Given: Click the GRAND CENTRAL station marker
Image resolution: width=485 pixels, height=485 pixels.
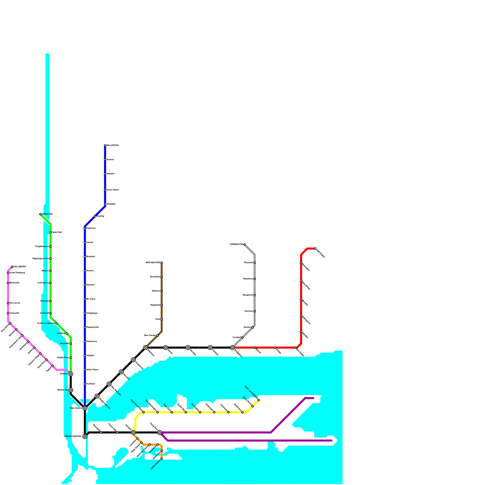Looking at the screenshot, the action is pyautogui.click(x=85, y=436).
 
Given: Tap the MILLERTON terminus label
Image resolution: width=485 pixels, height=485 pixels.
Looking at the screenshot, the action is pyautogui.click(x=112, y=145).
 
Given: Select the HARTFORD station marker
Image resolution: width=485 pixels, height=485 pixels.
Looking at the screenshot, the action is pyautogui.click(x=315, y=249).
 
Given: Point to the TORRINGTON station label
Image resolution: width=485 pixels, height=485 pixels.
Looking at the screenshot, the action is pyautogui.click(x=236, y=244).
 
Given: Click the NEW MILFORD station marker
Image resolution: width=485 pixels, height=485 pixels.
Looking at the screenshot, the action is pyautogui.click(x=162, y=263).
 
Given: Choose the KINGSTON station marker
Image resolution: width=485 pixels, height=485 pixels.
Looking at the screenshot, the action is pyautogui.click(x=40, y=214).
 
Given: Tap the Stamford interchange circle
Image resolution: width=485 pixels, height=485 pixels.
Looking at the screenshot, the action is pyautogui.click(x=145, y=348).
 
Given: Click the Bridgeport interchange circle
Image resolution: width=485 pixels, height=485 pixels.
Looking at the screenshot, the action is pyautogui.click(x=232, y=348).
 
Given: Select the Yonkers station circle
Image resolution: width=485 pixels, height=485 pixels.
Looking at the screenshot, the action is pyautogui.click(x=71, y=374).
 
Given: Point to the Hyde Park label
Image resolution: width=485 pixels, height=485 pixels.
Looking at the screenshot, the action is pyautogui.click(x=57, y=232).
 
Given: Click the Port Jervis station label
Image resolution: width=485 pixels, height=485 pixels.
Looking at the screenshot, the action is pyautogui.click(x=15, y=303).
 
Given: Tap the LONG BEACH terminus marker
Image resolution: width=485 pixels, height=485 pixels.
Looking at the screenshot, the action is pyautogui.click(x=162, y=459).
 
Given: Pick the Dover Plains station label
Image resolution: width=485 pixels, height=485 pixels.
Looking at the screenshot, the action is pyautogui.click(x=112, y=190).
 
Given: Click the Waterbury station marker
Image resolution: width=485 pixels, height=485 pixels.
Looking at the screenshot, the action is pyautogui.click(x=255, y=279).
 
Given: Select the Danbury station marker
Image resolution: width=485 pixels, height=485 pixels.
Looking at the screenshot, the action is pyautogui.click(x=162, y=291).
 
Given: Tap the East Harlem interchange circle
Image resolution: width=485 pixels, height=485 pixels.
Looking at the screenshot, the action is pyautogui.click(x=85, y=408).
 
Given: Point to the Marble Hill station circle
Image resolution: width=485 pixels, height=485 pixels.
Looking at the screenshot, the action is pyautogui.click(x=71, y=390).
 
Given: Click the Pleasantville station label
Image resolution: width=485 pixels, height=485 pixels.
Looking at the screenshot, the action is pyautogui.click(x=92, y=327).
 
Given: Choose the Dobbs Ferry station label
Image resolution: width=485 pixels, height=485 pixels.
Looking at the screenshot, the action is pyautogui.click(x=63, y=358).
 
